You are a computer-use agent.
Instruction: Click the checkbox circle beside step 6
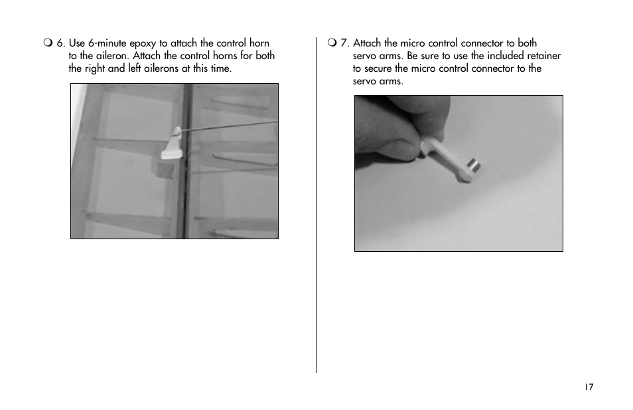pyautogui.click(x=48, y=43)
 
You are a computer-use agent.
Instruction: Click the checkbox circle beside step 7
pyautogui.click(x=332, y=43)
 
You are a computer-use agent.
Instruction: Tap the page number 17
pyautogui.click(x=589, y=387)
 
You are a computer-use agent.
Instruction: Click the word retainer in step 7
pyautogui.click(x=544, y=56)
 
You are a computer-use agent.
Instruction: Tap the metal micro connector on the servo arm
pyautogui.click(x=474, y=165)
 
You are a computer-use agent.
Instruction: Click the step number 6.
pyautogui.click(x=60, y=43)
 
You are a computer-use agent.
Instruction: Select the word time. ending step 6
pyautogui.click(x=221, y=68)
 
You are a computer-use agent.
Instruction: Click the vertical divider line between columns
pyautogui.click(x=316, y=205)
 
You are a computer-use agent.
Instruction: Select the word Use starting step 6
pyautogui.click(x=77, y=43)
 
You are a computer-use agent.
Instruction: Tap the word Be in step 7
pyautogui.click(x=412, y=56)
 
